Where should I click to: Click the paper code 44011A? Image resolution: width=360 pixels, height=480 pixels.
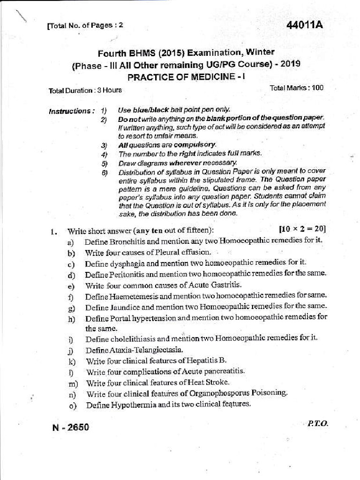(x=305, y=25)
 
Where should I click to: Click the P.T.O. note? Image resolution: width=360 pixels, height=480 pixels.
(x=318, y=423)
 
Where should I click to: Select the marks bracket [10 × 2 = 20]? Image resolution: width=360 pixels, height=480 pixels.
(x=302, y=229)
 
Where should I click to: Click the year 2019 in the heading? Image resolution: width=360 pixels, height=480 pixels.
(x=291, y=64)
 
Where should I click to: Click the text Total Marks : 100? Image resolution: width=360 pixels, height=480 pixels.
(x=297, y=88)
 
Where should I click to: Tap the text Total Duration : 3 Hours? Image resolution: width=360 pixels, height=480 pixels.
(x=85, y=90)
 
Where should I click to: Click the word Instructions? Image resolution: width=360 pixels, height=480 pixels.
(x=69, y=112)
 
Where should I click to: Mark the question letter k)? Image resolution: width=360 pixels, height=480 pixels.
(x=71, y=361)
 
